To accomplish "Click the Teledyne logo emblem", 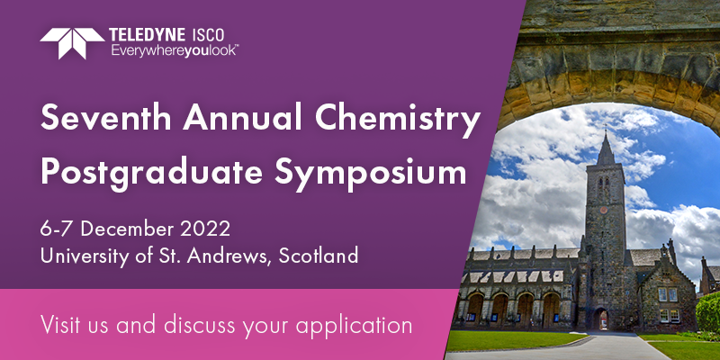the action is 72,43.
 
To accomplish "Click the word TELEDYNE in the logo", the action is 148,35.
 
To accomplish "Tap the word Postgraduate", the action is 151,173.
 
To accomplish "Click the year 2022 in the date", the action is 205,229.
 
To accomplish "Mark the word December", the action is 128,229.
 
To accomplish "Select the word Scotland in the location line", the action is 319,256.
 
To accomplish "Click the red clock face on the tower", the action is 603,210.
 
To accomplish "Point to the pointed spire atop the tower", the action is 605,148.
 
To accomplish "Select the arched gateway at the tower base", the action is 601,319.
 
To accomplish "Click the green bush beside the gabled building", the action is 708,312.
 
